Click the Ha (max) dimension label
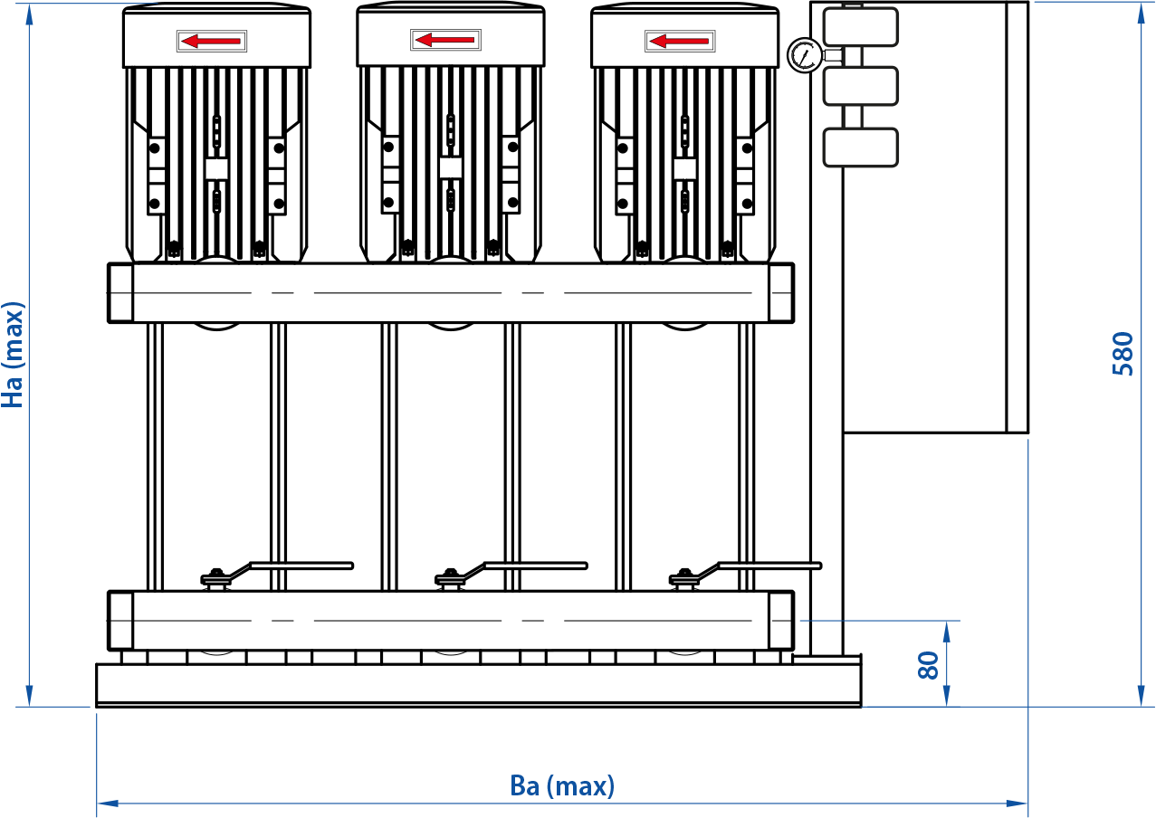[13, 355]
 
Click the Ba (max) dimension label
[562, 786]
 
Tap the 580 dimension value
[1123, 354]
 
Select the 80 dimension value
[929, 665]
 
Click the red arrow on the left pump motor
[211, 42]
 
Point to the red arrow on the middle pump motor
[444, 40]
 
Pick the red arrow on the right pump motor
[679, 41]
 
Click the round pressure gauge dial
[805, 55]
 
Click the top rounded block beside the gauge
[860, 27]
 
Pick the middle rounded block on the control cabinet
[860, 86]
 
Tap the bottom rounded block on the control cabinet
[860, 147]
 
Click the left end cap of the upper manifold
[120, 293]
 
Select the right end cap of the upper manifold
[781, 293]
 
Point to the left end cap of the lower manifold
[120, 621]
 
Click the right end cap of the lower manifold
[781, 621]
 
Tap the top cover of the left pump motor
[216, 35]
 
